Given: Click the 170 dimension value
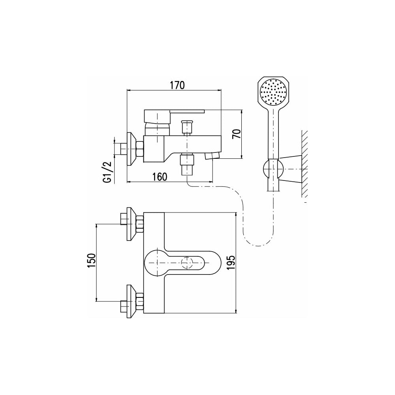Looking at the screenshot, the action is [177, 85].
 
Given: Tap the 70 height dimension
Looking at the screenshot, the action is [237, 134].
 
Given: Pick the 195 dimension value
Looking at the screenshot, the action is [231, 263].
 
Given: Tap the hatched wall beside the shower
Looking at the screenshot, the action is [305, 164].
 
